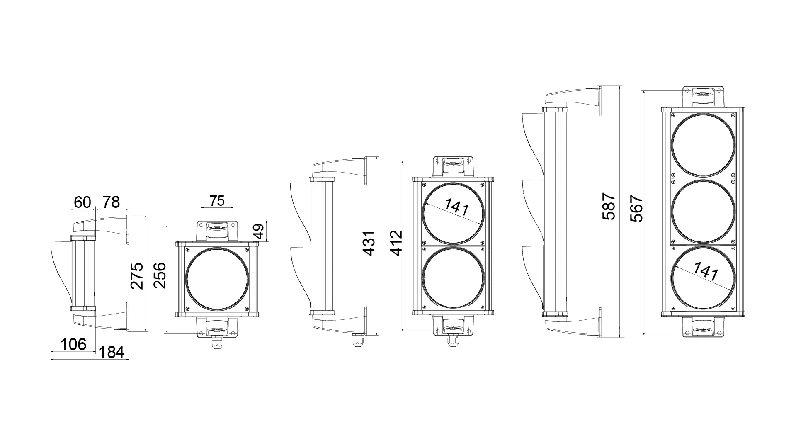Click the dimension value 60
82,202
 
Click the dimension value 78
111,202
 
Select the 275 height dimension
137,276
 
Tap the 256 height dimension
160,276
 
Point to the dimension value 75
217,201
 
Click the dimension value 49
258,231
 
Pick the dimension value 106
73,344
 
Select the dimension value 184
112,352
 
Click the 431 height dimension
369,243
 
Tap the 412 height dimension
396,243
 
